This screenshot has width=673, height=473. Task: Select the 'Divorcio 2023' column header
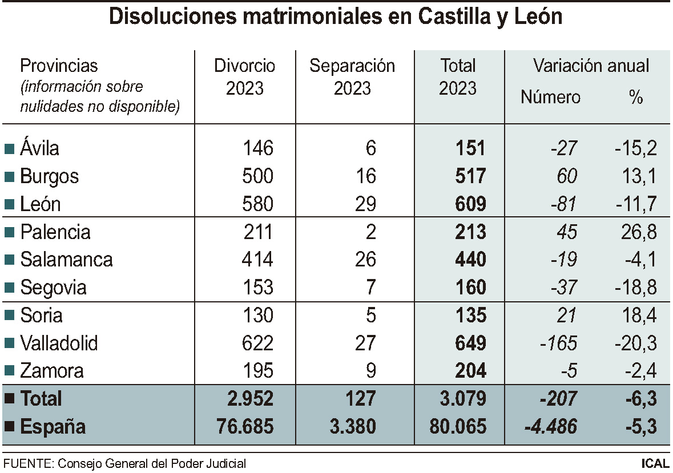244,76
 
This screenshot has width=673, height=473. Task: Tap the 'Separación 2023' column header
352,76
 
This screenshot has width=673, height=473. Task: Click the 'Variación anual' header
591,66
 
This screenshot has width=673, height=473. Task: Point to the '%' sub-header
636,98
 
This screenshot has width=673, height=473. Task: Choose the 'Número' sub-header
550,98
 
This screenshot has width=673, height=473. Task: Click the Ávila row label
39,148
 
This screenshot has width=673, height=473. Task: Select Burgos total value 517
471,176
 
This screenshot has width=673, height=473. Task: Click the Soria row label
41,316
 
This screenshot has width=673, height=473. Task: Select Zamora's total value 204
471,371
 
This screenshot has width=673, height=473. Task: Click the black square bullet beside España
9,427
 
